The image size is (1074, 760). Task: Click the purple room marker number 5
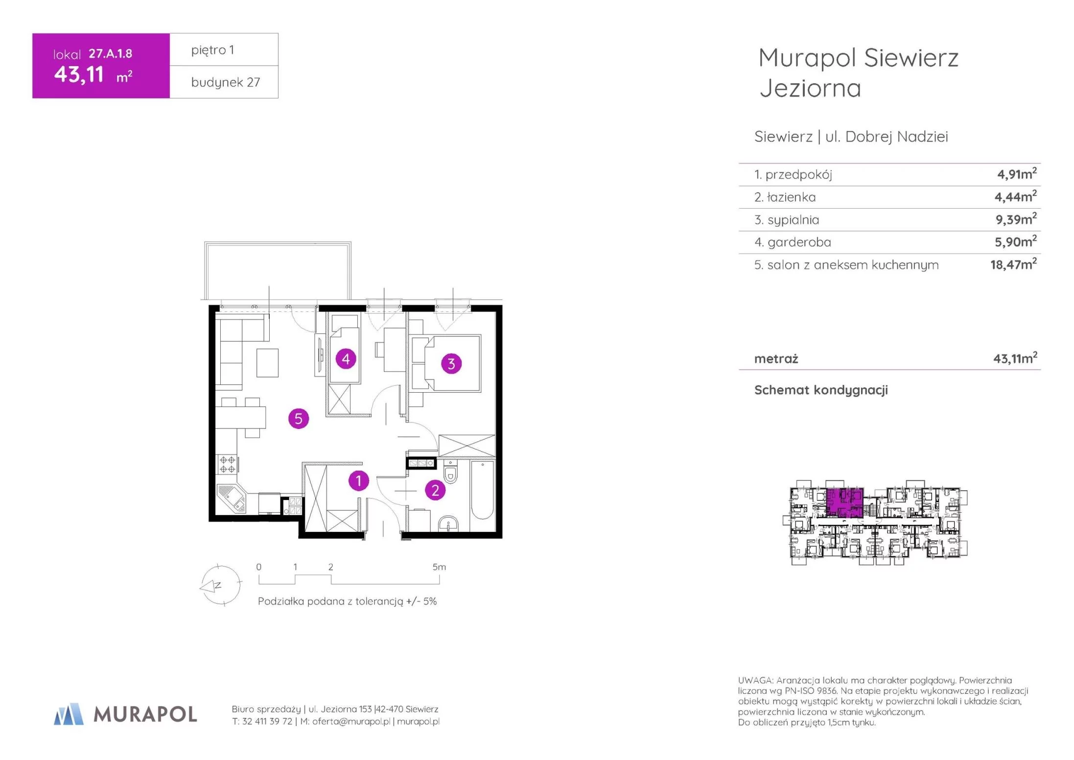[299, 419]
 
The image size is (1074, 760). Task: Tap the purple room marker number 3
[451, 364]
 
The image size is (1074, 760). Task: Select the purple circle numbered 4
[346, 359]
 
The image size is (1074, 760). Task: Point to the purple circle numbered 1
[359, 481]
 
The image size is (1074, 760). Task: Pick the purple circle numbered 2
[435, 490]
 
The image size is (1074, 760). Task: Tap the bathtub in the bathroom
[482, 489]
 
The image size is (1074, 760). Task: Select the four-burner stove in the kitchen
[227, 464]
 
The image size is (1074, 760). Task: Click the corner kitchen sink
[232, 499]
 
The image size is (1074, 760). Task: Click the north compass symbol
[221, 585]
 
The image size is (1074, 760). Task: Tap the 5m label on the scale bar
[439, 567]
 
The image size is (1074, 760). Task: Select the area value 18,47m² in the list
[1013, 264]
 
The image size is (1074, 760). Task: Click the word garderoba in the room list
[799, 242]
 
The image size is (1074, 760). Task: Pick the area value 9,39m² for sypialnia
[1016, 219]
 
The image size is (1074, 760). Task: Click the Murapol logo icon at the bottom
[69, 714]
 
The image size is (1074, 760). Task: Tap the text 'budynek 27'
[226, 82]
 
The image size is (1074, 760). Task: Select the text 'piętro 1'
[212, 50]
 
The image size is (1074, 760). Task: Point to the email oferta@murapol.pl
[351, 721]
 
